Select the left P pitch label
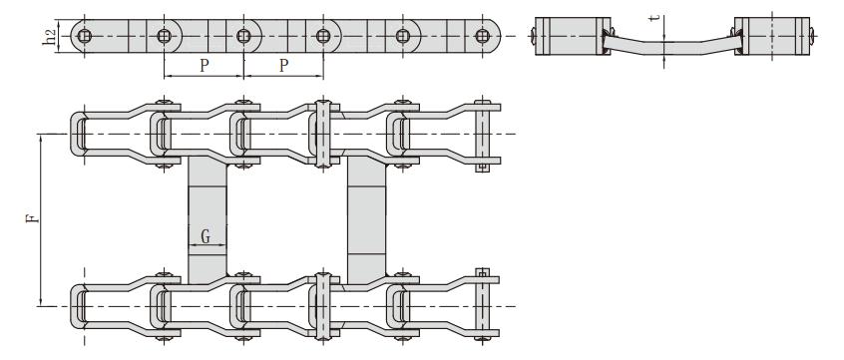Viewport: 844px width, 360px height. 204,64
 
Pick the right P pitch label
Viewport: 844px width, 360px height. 283,64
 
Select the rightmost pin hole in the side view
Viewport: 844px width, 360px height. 482,37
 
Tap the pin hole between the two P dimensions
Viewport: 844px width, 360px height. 243,37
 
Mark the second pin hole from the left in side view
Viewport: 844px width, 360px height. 164,37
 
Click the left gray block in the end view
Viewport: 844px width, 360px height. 566,36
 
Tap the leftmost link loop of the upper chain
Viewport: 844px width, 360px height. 79,134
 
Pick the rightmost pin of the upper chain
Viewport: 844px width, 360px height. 483,134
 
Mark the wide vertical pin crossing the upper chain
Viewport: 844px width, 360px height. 321,134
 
